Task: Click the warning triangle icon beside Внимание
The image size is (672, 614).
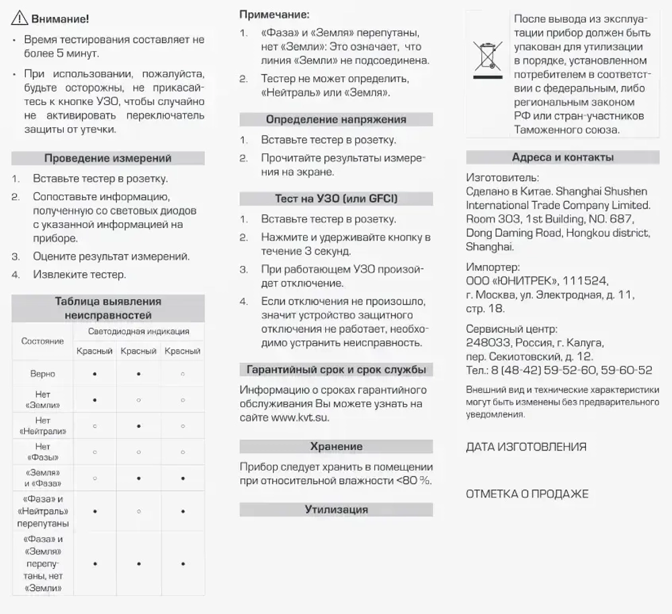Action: pyautogui.click(x=19, y=19)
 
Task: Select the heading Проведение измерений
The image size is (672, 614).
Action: pyautogui.click(x=108, y=158)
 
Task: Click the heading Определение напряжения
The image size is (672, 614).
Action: pyautogui.click(x=336, y=119)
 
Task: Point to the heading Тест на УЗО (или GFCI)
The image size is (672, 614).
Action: pyautogui.click(x=336, y=198)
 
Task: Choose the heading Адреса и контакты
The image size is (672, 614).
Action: pyautogui.click(x=562, y=157)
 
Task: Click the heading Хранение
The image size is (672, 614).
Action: pyautogui.click(x=336, y=447)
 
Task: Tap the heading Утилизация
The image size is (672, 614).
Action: pyautogui.click(x=336, y=510)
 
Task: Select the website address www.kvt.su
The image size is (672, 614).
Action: pyautogui.click(x=300, y=418)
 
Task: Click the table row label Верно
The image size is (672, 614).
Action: pyautogui.click(x=42, y=373)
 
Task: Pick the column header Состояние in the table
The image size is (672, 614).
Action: pyautogui.click(x=42, y=341)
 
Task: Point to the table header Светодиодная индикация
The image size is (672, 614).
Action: pyautogui.click(x=138, y=332)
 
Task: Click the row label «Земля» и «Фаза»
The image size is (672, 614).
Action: pyautogui.click(x=42, y=477)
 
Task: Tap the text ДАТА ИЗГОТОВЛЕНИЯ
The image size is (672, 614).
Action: pyautogui.click(x=526, y=447)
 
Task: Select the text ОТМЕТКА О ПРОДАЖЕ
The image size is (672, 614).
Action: pyautogui.click(x=527, y=494)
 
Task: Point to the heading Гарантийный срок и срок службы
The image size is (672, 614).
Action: pyautogui.click(x=336, y=370)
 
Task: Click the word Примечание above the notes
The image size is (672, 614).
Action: pyautogui.click(x=275, y=14)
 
